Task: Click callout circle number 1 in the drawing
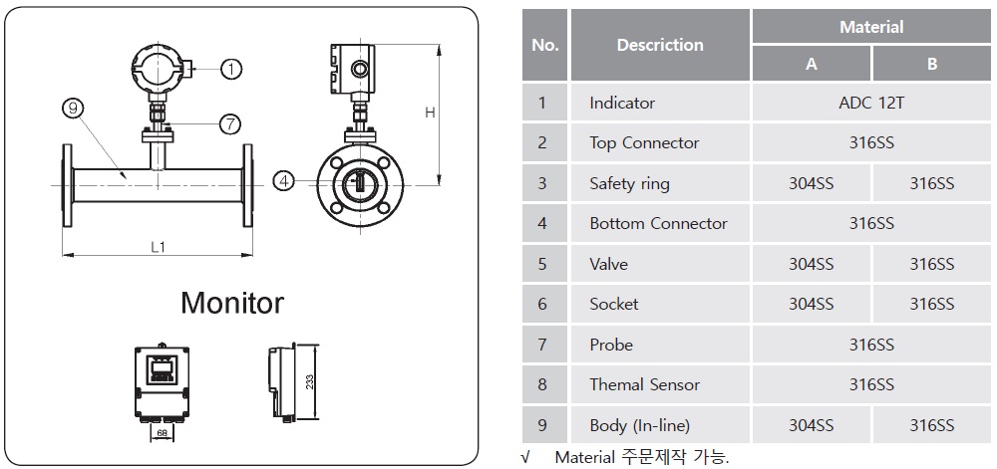pos(230,69)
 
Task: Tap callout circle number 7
pos(230,123)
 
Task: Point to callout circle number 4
pos(284,181)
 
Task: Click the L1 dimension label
pos(158,247)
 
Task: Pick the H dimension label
pos(431,113)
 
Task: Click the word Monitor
pos(232,303)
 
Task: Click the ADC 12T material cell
pos(871,103)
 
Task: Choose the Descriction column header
pos(659,45)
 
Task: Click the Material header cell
pos(871,27)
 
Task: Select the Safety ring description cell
pos(629,183)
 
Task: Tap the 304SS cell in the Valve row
pos(811,264)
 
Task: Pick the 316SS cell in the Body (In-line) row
pos(931,425)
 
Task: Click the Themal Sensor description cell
pos(644,384)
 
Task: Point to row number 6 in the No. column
pos(542,304)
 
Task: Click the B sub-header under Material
pos(931,64)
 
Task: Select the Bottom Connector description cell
pos(658,223)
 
